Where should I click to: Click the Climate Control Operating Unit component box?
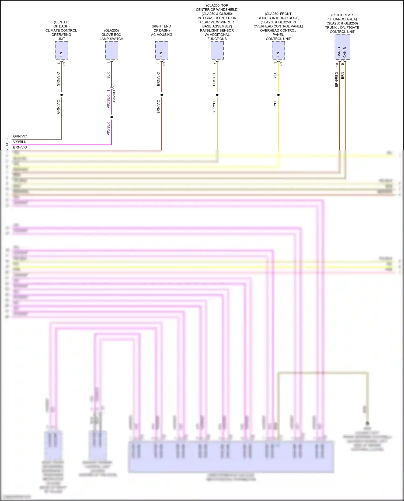61,50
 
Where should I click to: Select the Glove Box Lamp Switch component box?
112,50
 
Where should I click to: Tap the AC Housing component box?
162,50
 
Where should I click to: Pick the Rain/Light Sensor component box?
217,50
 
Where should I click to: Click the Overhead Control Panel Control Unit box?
278,50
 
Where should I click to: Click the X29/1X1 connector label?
114,96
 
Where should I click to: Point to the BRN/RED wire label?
337,79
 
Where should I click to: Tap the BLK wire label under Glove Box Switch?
109,75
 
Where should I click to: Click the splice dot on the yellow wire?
278,95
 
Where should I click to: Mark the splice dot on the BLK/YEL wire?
217,95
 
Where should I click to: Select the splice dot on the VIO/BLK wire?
112,117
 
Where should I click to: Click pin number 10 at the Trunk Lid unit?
337,65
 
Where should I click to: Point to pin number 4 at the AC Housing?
158,64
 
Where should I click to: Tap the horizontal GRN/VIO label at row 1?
20,136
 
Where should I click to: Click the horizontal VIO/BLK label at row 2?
20,142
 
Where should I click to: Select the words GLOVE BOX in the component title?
111,35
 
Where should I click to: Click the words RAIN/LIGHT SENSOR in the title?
217,30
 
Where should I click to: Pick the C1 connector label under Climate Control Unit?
64,64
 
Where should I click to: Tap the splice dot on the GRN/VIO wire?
61,95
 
